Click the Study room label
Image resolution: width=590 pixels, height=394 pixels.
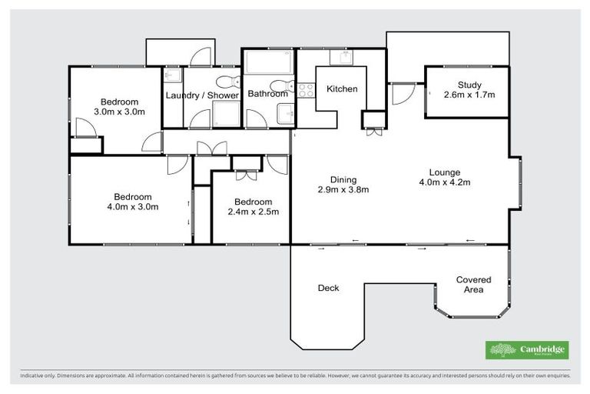tap(469, 85)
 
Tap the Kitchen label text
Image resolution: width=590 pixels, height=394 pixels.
tap(342, 89)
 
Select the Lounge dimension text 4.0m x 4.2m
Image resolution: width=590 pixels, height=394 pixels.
tap(444, 182)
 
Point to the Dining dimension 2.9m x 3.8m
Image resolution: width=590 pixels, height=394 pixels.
tap(343, 189)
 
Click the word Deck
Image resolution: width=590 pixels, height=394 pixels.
tap(329, 289)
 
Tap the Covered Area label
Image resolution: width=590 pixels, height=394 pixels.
tap(473, 285)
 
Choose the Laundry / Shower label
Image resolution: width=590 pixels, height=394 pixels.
tap(202, 95)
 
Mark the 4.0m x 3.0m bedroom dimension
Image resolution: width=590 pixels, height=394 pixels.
tap(133, 206)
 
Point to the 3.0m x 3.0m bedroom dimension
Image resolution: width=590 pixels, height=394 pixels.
tap(119, 112)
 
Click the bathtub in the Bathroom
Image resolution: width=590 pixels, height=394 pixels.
tap(268, 61)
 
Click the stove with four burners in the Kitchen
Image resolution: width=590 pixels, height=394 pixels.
tap(306, 90)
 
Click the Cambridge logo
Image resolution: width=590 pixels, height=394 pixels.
tap(527, 350)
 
